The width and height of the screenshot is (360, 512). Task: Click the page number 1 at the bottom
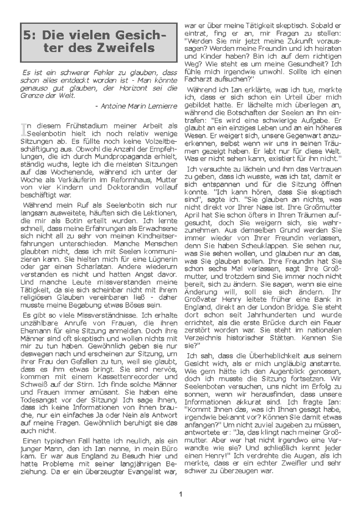click(181, 494)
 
